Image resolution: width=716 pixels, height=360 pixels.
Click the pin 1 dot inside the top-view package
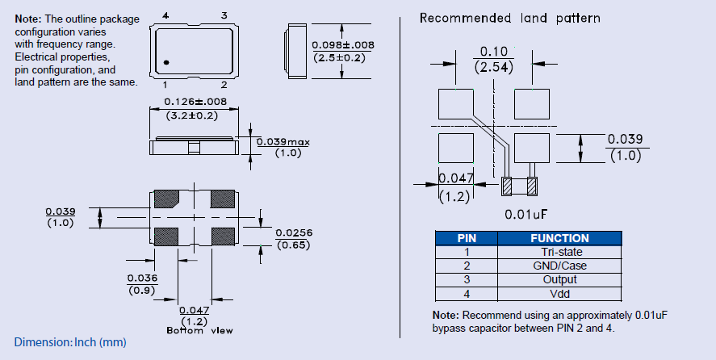coord(165,62)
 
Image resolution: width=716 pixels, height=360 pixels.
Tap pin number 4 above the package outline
coord(165,15)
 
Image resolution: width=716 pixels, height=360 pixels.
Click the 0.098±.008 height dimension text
coord(342,44)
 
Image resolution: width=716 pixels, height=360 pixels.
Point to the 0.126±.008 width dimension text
coord(195,103)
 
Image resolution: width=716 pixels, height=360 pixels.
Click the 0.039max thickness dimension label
coord(283,142)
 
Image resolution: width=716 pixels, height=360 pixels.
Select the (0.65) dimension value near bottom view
coord(293,245)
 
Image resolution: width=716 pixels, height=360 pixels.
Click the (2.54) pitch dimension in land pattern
coord(494,68)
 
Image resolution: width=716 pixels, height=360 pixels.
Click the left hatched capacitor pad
coord(507,186)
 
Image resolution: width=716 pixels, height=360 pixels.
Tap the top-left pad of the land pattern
coord(456,104)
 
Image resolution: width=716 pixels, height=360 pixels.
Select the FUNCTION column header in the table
coord(559,238)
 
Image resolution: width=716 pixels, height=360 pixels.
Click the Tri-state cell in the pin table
coord(559,252)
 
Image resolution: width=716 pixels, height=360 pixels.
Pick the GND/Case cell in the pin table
coord(559,266)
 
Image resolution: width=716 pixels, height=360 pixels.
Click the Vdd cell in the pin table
coord(559,294)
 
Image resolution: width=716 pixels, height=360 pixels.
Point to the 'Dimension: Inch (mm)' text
coord(70,343)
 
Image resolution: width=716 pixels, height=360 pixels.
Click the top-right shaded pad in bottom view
coord(222,199)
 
